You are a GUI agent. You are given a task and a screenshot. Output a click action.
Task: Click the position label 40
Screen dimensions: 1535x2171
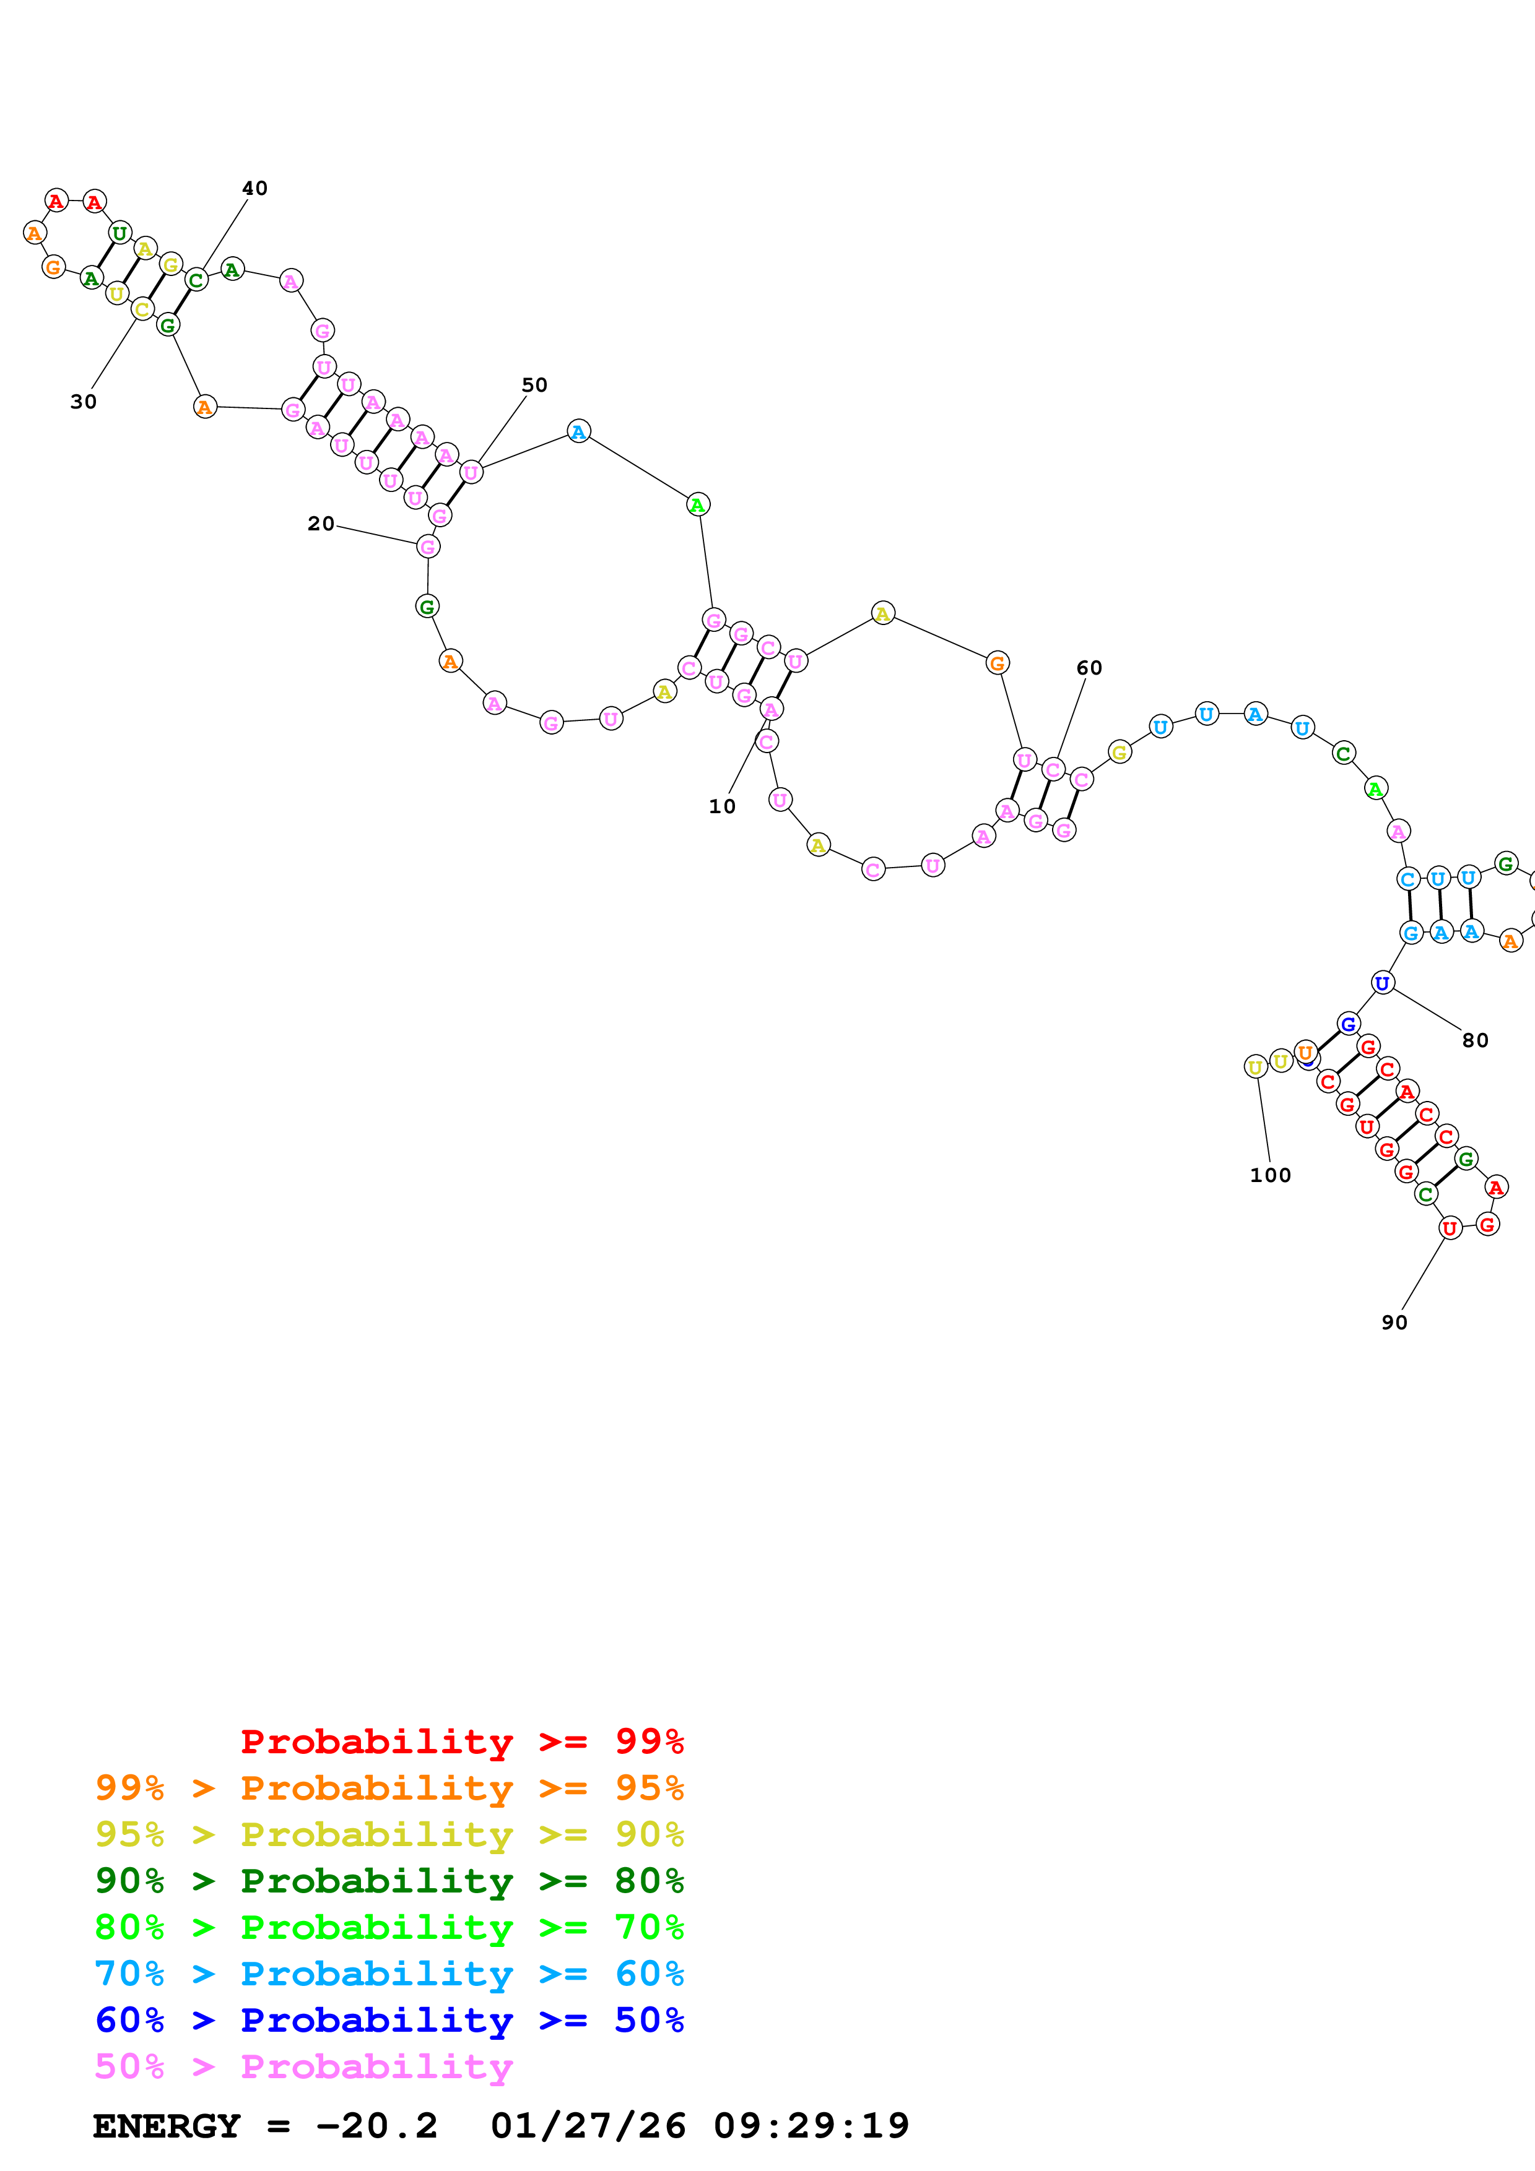point(254,188)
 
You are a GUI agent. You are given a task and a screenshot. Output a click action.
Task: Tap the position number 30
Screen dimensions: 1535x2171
point(83,402)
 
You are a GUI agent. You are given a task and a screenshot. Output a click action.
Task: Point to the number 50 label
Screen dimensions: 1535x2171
point(534,385)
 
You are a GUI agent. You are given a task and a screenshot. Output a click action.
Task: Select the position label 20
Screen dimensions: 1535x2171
point(321,524)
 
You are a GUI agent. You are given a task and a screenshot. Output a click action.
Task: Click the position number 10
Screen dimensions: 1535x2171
point(721,806)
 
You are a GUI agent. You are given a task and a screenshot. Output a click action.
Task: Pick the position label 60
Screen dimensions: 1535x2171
point(1089,668)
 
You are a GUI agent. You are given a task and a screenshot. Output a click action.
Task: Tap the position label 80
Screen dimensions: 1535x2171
point(1474,1040)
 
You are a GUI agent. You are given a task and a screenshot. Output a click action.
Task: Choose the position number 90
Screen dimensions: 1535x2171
point(1394,1323)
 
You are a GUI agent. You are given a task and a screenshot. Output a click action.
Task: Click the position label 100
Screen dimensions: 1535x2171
point(1270,1175)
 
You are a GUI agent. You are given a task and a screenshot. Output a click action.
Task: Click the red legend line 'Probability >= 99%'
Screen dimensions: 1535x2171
point(461,1742)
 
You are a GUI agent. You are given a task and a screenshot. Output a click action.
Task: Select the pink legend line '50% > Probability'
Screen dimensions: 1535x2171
point(303,2067)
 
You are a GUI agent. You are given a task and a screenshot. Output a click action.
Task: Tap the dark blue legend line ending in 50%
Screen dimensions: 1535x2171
point(389,2021)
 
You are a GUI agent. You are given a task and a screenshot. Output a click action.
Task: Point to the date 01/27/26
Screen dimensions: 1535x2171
point(588,2126)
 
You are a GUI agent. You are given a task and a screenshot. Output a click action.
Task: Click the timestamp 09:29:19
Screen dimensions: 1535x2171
point(811,2126)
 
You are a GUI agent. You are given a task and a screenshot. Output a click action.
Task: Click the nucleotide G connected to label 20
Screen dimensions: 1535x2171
point(427,546)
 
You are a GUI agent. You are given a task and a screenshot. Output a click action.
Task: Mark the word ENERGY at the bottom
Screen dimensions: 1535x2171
point(167,2126)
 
